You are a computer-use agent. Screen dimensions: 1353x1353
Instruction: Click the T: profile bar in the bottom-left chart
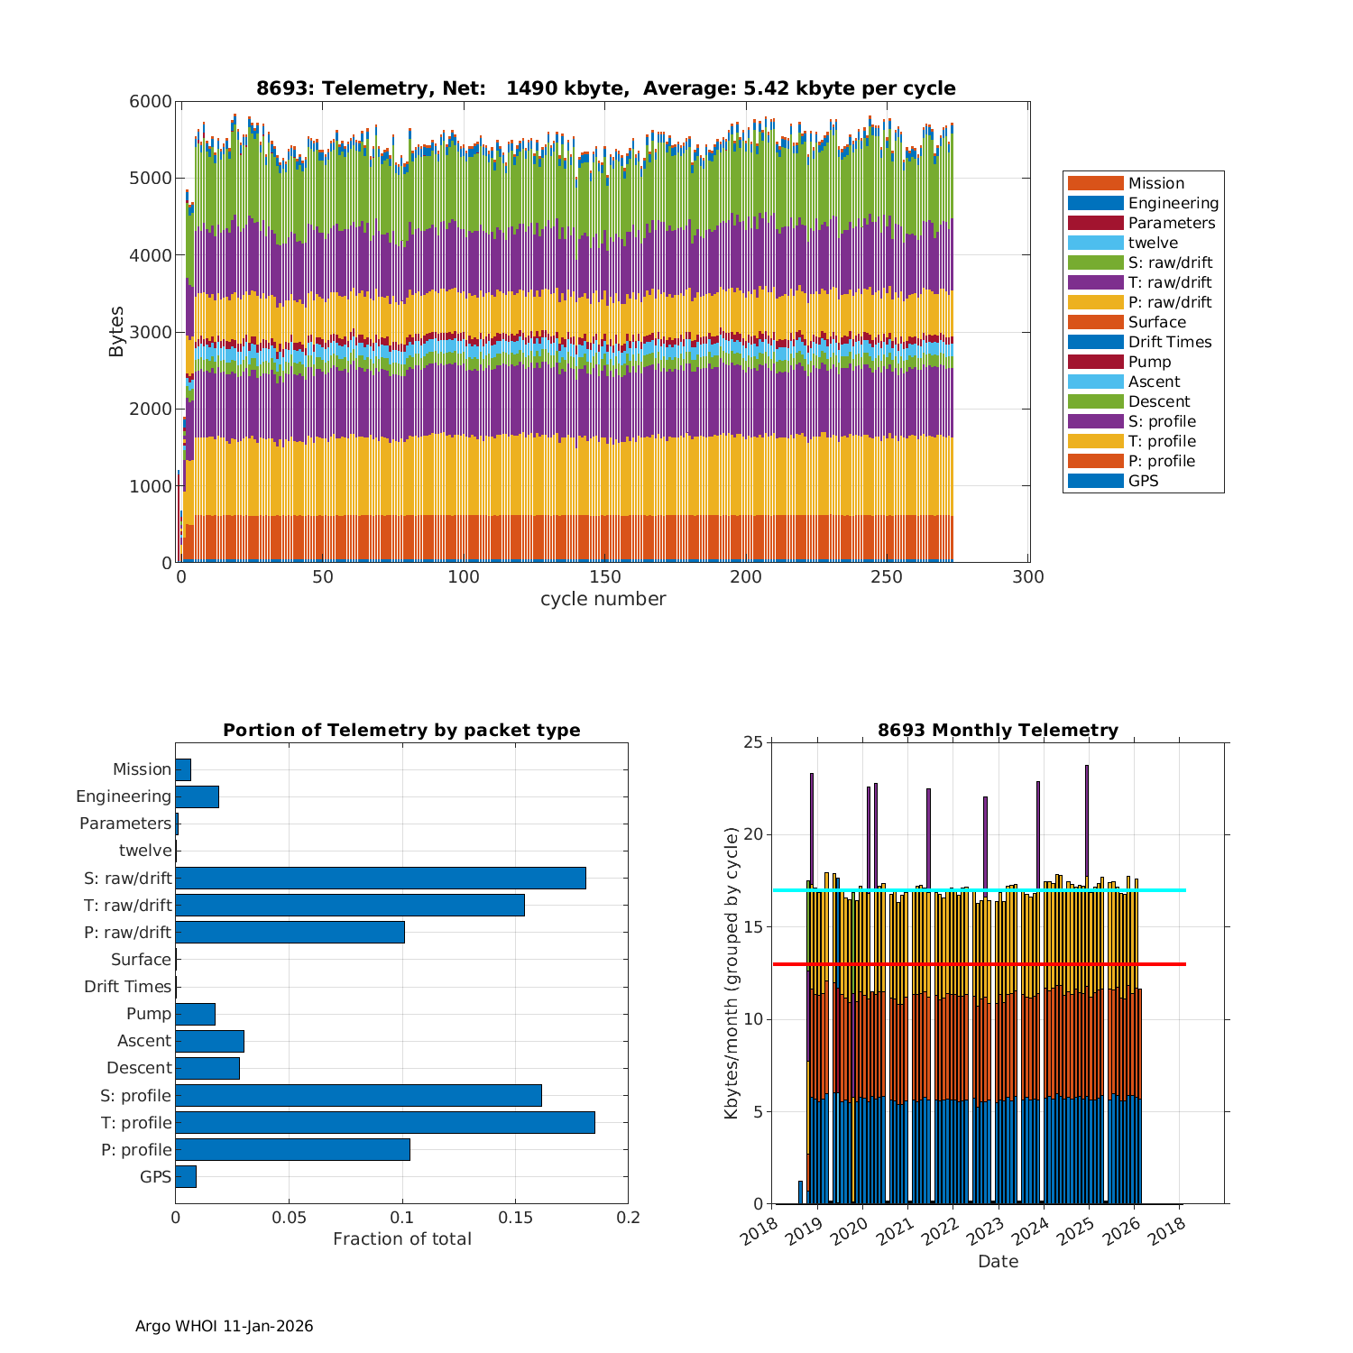coord(385,1122)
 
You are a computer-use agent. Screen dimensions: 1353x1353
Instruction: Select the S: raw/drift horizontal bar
coord(381,878)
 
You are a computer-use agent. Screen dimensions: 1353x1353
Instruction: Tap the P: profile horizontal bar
coord(292,1149)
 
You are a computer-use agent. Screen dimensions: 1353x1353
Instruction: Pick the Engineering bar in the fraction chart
coord(197,796)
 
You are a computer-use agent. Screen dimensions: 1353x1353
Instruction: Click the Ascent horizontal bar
coord(209,1041)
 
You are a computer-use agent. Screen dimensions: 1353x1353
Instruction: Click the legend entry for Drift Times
coord(1170,342)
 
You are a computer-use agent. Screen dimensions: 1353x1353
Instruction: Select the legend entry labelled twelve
coord(1153,243)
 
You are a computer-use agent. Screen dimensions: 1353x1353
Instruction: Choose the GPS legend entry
coord(1143,481)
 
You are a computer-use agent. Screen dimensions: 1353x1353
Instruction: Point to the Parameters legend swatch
coord(1095,223)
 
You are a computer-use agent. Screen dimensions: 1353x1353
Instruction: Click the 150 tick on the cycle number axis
coord(605,577)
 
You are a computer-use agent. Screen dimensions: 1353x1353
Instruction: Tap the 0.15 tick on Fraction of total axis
coord(515,1218)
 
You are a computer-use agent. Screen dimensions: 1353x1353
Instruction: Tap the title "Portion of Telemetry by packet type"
coord(401,730)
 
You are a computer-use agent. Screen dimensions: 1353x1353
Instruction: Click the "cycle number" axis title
coord(603,599)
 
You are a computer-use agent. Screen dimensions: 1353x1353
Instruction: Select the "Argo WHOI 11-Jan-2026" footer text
coord(224,1326)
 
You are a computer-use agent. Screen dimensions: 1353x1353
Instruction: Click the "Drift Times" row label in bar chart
coord(127,987)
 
